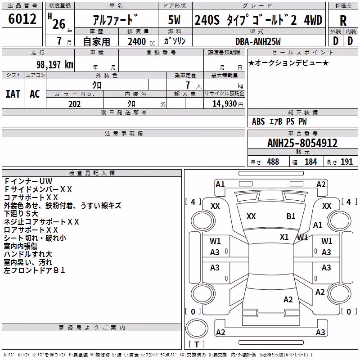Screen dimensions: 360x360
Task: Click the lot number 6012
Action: (22, 19)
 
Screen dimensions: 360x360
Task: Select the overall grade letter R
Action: (343, 21)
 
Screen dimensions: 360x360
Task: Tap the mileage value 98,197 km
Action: (54, 65)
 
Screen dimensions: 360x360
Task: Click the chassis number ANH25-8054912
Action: (302, 143)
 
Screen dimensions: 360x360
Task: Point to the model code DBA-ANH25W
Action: (258, 41)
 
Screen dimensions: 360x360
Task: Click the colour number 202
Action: (74, 104)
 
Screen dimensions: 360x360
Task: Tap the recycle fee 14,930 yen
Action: (228, 104)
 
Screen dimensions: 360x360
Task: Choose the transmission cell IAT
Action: (13, 94)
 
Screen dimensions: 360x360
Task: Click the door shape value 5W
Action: (174, 20)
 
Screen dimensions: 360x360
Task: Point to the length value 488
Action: (273, 162)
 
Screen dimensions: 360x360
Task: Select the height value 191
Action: (346, 162)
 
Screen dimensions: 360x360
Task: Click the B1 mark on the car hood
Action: (291, 216)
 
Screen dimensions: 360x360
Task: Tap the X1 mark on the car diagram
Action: (284, 237)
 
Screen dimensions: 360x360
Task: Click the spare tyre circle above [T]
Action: (197, 328)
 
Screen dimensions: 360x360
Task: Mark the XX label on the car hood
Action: (251, 216)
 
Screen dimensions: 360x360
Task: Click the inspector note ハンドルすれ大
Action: (28, 254)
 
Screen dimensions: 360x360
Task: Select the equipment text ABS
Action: (258, 121)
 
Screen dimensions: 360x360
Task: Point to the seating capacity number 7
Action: (188, 85)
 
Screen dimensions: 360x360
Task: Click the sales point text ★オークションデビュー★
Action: (288, 63)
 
